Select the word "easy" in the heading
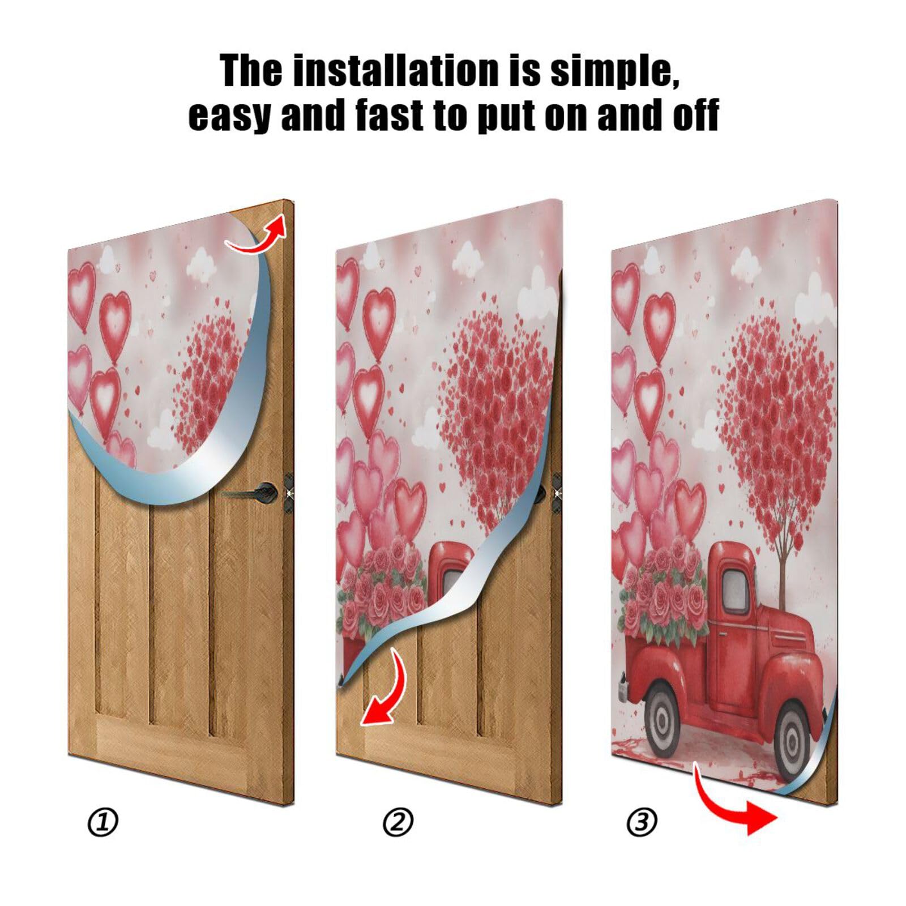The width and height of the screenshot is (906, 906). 228,115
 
